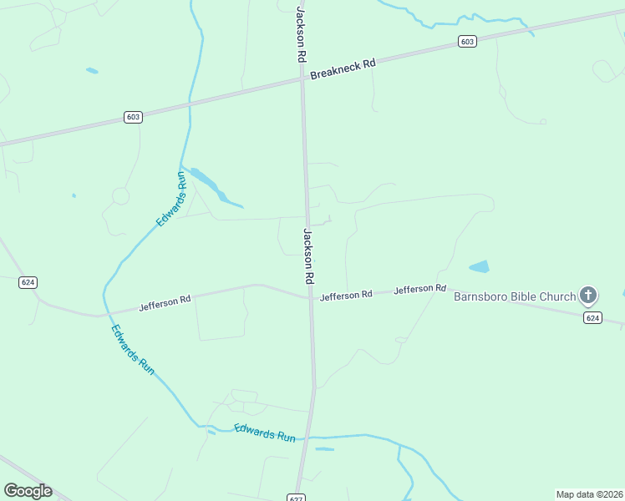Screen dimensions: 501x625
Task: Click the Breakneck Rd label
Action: [x=343, y=69]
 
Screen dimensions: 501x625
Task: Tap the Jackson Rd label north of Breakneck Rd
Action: [x=299, y=34]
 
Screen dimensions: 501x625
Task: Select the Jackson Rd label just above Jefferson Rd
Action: [x=307, y=255]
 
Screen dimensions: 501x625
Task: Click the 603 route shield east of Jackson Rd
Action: [x=467, y=42]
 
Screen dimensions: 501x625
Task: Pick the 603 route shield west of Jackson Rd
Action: [x=133, y=117]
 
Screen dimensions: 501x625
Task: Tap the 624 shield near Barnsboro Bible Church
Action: [x=592, y=317]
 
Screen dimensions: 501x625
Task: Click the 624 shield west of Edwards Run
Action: [x=28, y=282]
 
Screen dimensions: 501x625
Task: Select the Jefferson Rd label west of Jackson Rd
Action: [x=165, y=301]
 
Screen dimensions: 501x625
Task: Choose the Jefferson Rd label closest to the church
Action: [x=419, y=289]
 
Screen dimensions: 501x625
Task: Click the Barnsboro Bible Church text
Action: [x=514, y=296]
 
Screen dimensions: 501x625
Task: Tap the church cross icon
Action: [x=588, y=295]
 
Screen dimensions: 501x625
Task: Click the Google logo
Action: [x=28, y=491]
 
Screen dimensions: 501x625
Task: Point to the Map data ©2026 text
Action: [x=589, y=494]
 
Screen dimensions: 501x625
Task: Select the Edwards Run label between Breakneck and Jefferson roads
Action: [x=170, y=199]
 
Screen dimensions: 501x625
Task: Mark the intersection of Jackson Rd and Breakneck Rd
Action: [x=302, y=79]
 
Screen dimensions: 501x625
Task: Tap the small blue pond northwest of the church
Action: [x=479, y=267]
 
